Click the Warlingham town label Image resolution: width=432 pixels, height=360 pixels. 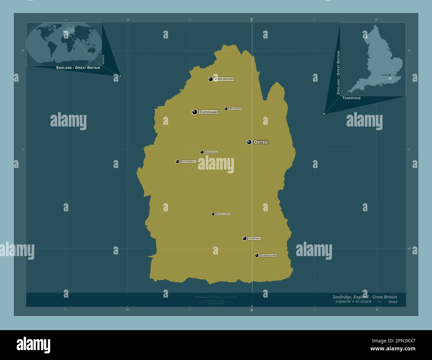224,79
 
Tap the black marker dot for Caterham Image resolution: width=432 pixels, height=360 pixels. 194,112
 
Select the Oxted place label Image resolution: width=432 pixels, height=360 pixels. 261,142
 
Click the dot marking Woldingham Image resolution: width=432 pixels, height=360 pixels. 226,109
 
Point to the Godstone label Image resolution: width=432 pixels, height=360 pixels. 211,152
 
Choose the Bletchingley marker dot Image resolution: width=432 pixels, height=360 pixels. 177,161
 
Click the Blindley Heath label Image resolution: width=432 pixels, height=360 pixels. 223,214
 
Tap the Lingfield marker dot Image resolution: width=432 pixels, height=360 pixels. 245,238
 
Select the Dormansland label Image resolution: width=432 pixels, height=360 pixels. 268,255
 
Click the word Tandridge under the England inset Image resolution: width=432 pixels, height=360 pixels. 351,98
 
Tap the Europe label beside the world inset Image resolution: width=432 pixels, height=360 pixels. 103,60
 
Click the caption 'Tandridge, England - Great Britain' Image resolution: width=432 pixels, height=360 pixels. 364,297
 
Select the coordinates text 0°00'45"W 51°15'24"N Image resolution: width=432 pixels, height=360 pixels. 353,302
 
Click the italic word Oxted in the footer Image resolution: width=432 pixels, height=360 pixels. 392,302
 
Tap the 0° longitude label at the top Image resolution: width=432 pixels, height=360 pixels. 252,19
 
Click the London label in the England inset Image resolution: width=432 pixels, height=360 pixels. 385,75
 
